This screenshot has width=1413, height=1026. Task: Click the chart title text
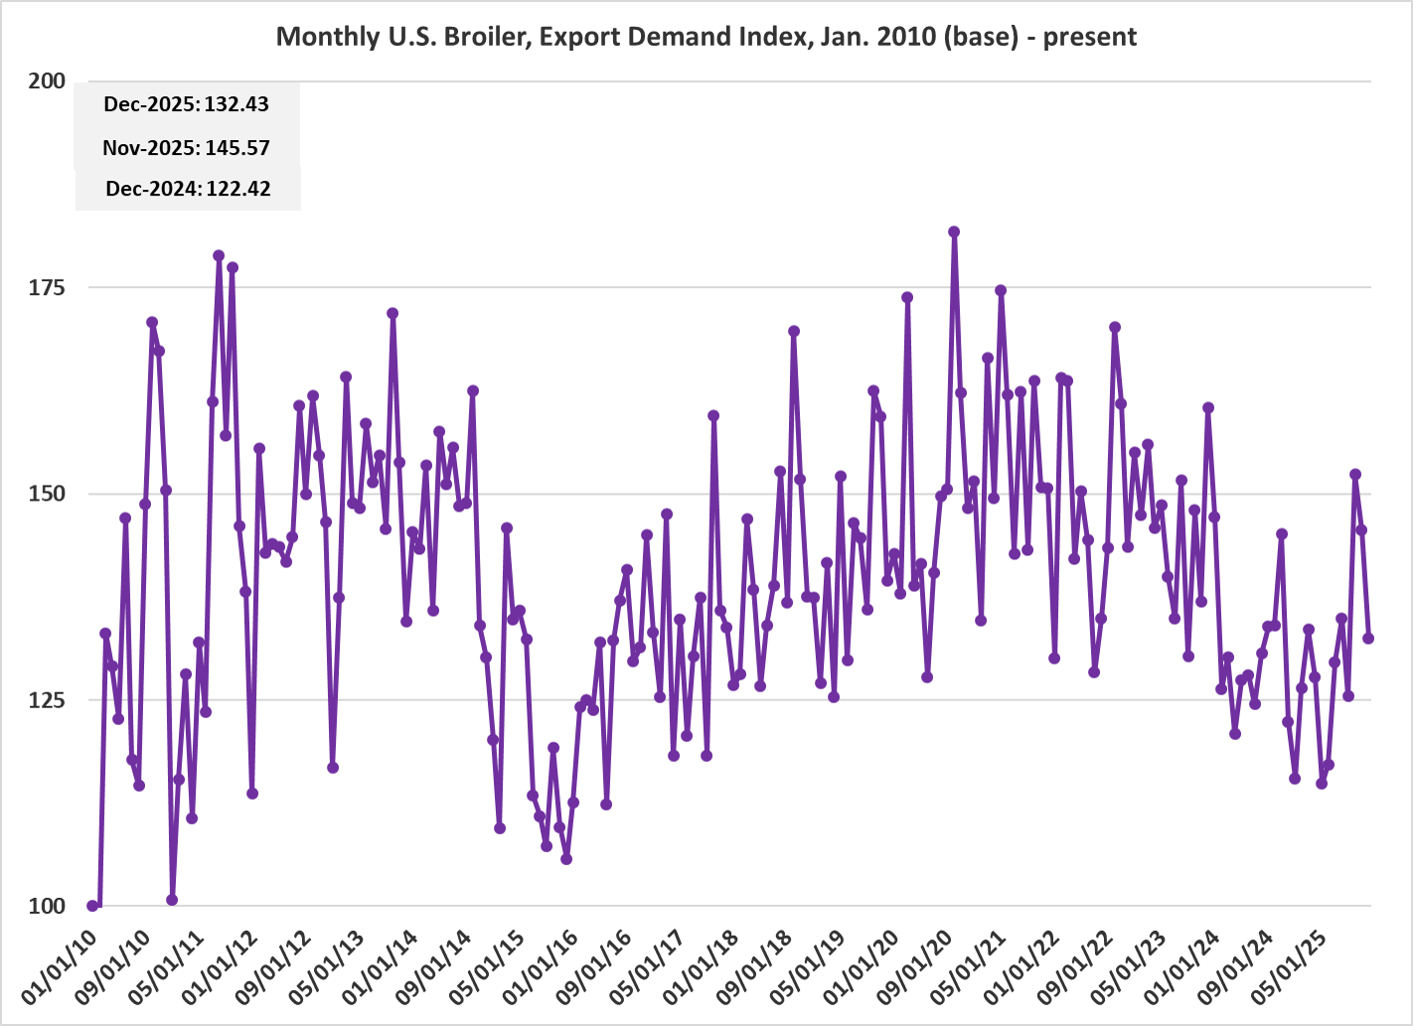pyautogui.click(x=706, y=37)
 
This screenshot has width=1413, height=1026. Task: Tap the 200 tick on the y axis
pyautogui.click(x=47, y=81)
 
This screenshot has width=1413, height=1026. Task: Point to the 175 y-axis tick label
pyautogui.click(x=47, y=288)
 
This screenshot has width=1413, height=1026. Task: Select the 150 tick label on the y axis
pyautogui.click(x=47, y=494)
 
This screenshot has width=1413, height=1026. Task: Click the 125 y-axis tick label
pyautogui.click(x=47, y=700)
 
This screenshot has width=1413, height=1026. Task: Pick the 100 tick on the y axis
pyautogui.click(x=47, y=906)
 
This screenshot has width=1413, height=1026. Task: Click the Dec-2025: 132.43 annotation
pyautogui.click(x=186, y=104)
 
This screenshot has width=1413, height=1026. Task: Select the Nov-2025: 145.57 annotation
pyautogui.click(x=186, y=148)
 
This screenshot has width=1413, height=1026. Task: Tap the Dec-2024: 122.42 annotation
pyautogui.click(x=188, y=189)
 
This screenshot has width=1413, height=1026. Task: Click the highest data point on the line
pyautogui.click(x=954, y=231)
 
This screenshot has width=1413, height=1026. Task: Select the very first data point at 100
pyautogui.click(x=92, y=906)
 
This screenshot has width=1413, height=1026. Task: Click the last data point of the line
pyautogui.click(x=1368, y=639)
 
